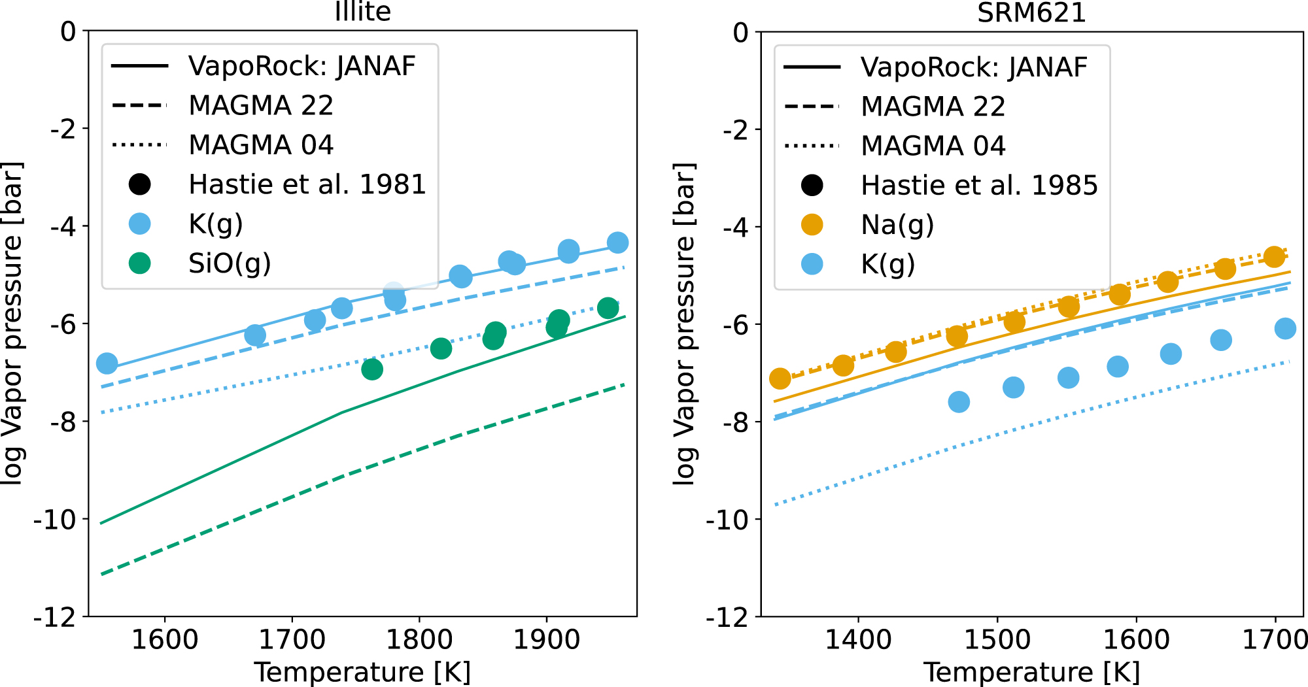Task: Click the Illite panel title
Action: [362, 12]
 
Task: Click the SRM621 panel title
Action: [1031, 12]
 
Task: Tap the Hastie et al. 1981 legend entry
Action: [307, 185]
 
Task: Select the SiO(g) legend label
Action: [230, 263]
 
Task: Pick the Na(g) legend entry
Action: [897, 225]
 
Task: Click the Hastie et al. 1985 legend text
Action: [979, 186]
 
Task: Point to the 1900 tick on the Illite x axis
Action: [546, 639]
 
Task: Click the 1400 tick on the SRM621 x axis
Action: [857, 639]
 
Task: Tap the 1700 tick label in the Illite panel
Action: [292, 639]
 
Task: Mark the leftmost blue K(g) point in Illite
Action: [107, 363]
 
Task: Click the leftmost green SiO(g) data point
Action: [372, 369]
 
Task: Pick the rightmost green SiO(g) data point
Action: [608, 308]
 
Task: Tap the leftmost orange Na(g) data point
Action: [780, 378]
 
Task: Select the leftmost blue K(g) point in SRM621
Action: [959, 401]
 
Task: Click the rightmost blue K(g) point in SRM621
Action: [1285, 329]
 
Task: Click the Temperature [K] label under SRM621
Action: [1031, 672]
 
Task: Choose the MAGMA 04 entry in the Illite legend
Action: [260, 145]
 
